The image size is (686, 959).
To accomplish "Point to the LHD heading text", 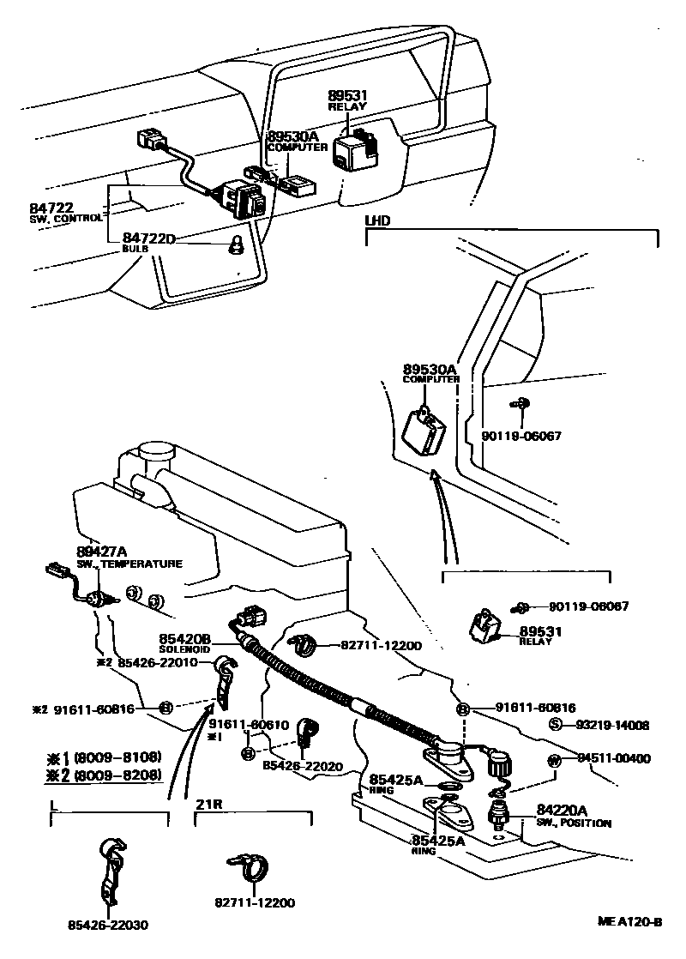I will click(378, 221).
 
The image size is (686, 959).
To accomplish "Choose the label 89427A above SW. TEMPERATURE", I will click(101, 552).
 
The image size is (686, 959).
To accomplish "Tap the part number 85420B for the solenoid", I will click(184, 639).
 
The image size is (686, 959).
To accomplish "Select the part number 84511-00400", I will click(614, 758).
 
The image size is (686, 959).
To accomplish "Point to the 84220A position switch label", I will click(562, 810).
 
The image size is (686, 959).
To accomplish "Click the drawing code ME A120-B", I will click(630, 923).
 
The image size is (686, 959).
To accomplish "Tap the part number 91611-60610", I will click(248, 726).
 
